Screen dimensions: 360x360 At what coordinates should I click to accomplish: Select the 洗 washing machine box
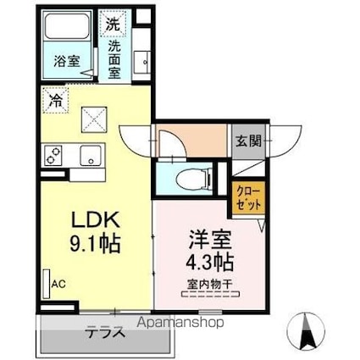[x=114, y=25]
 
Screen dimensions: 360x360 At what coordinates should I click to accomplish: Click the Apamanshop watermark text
[x=177, y=323]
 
